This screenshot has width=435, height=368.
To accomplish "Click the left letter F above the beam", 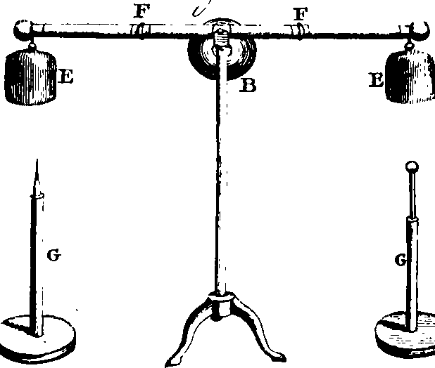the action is (x=143, y=13).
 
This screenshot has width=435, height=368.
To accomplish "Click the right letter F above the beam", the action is (x=301, y=14).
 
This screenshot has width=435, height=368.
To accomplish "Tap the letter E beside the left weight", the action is (x=65, y=77).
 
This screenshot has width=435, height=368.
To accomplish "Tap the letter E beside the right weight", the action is (x=376, y=80).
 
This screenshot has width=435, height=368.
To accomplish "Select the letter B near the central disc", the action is (x=248, y=85).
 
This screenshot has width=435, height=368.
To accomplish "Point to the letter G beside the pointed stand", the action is (x=53, y=256).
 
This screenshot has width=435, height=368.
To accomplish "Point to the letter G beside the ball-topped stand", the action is (x=401, y=260).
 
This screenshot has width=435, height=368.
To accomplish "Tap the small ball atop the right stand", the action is (x=412, y=167).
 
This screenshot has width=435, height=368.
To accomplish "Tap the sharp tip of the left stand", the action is (x=37, y=159).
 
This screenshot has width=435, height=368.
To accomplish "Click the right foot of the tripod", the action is (x=277, y=356).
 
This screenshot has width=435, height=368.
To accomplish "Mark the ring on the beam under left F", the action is (x=141, y=31).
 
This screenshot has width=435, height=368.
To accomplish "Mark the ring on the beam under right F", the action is (x=300, y=31).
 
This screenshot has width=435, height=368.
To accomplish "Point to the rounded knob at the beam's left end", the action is (x=22, y=30).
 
